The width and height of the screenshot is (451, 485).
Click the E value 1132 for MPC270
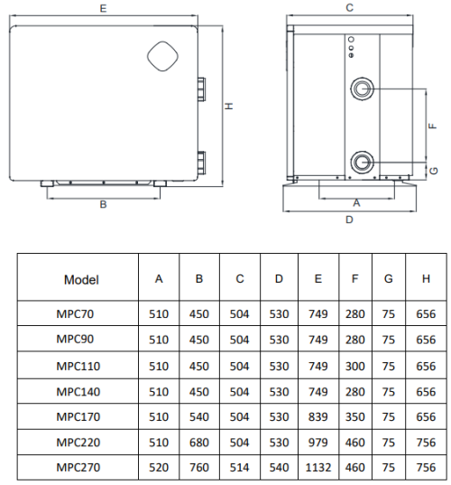[x=318, y=467]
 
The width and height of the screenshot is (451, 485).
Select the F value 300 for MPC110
[x=354, y=366]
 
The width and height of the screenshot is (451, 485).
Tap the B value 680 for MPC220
[x=199, y=443]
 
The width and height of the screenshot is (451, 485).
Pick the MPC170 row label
[x=78, y=417]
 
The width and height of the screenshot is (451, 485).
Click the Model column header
[x=81, y=280]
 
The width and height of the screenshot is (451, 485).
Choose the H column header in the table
[x=426, y=279]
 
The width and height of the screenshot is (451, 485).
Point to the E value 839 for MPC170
[x=318, y=417]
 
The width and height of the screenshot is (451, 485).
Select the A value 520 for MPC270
[x=159, y=467]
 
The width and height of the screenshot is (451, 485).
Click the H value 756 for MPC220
[x=426, y=443]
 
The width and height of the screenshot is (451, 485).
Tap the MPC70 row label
[x=75, y=314]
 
